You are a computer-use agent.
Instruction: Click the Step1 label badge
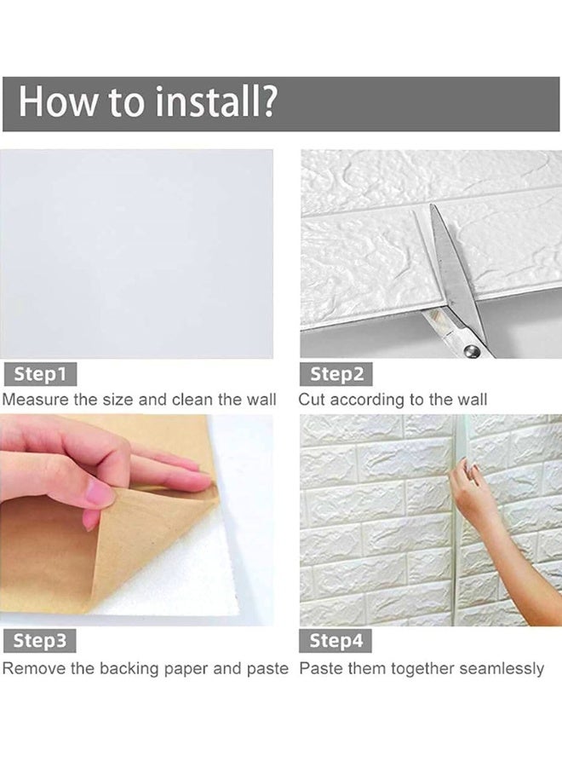pos(40,374)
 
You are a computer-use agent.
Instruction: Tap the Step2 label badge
pos(336,374)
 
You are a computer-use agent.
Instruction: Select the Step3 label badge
pos(39,641)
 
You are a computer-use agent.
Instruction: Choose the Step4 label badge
pos(335,641)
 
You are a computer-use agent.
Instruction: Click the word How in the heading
pos(57,101)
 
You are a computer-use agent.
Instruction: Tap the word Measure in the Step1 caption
pos(35,400)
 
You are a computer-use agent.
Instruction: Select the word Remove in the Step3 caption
pos(34,668)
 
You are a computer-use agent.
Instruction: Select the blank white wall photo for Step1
pos(137,254)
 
